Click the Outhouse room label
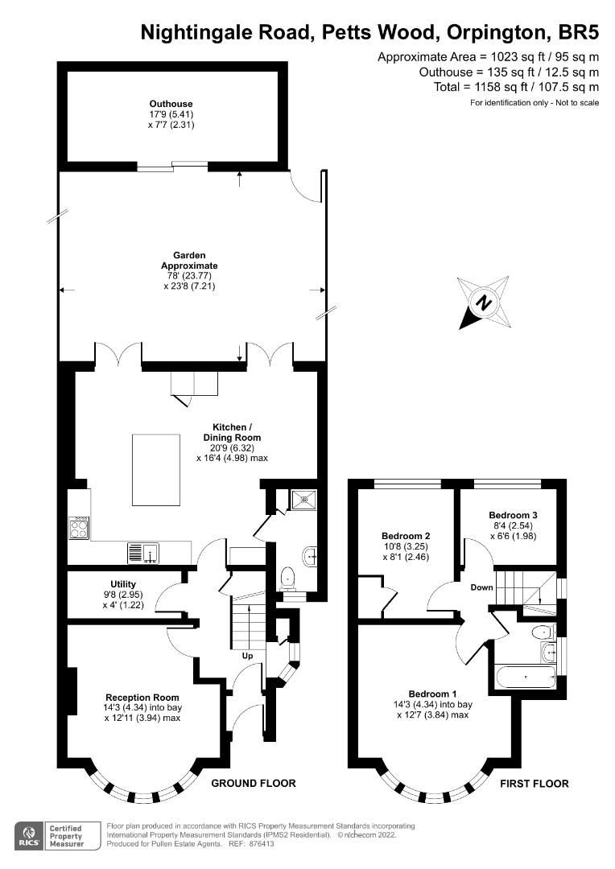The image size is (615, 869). coord(171,104)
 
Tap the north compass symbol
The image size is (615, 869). coord(483,303)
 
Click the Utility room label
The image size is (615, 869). coord(123,584)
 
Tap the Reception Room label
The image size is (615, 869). coord(142,697)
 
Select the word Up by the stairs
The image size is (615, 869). coord(248,656)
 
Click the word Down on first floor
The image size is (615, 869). coord(482,587)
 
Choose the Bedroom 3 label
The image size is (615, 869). coord(513,515)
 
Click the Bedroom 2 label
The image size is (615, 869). coord(406,536)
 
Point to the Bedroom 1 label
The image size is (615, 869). coord(432,694)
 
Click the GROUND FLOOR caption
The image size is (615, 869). coord(254,783)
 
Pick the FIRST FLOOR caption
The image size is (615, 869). coord(535,783)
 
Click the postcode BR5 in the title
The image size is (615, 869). coord(576,31)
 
